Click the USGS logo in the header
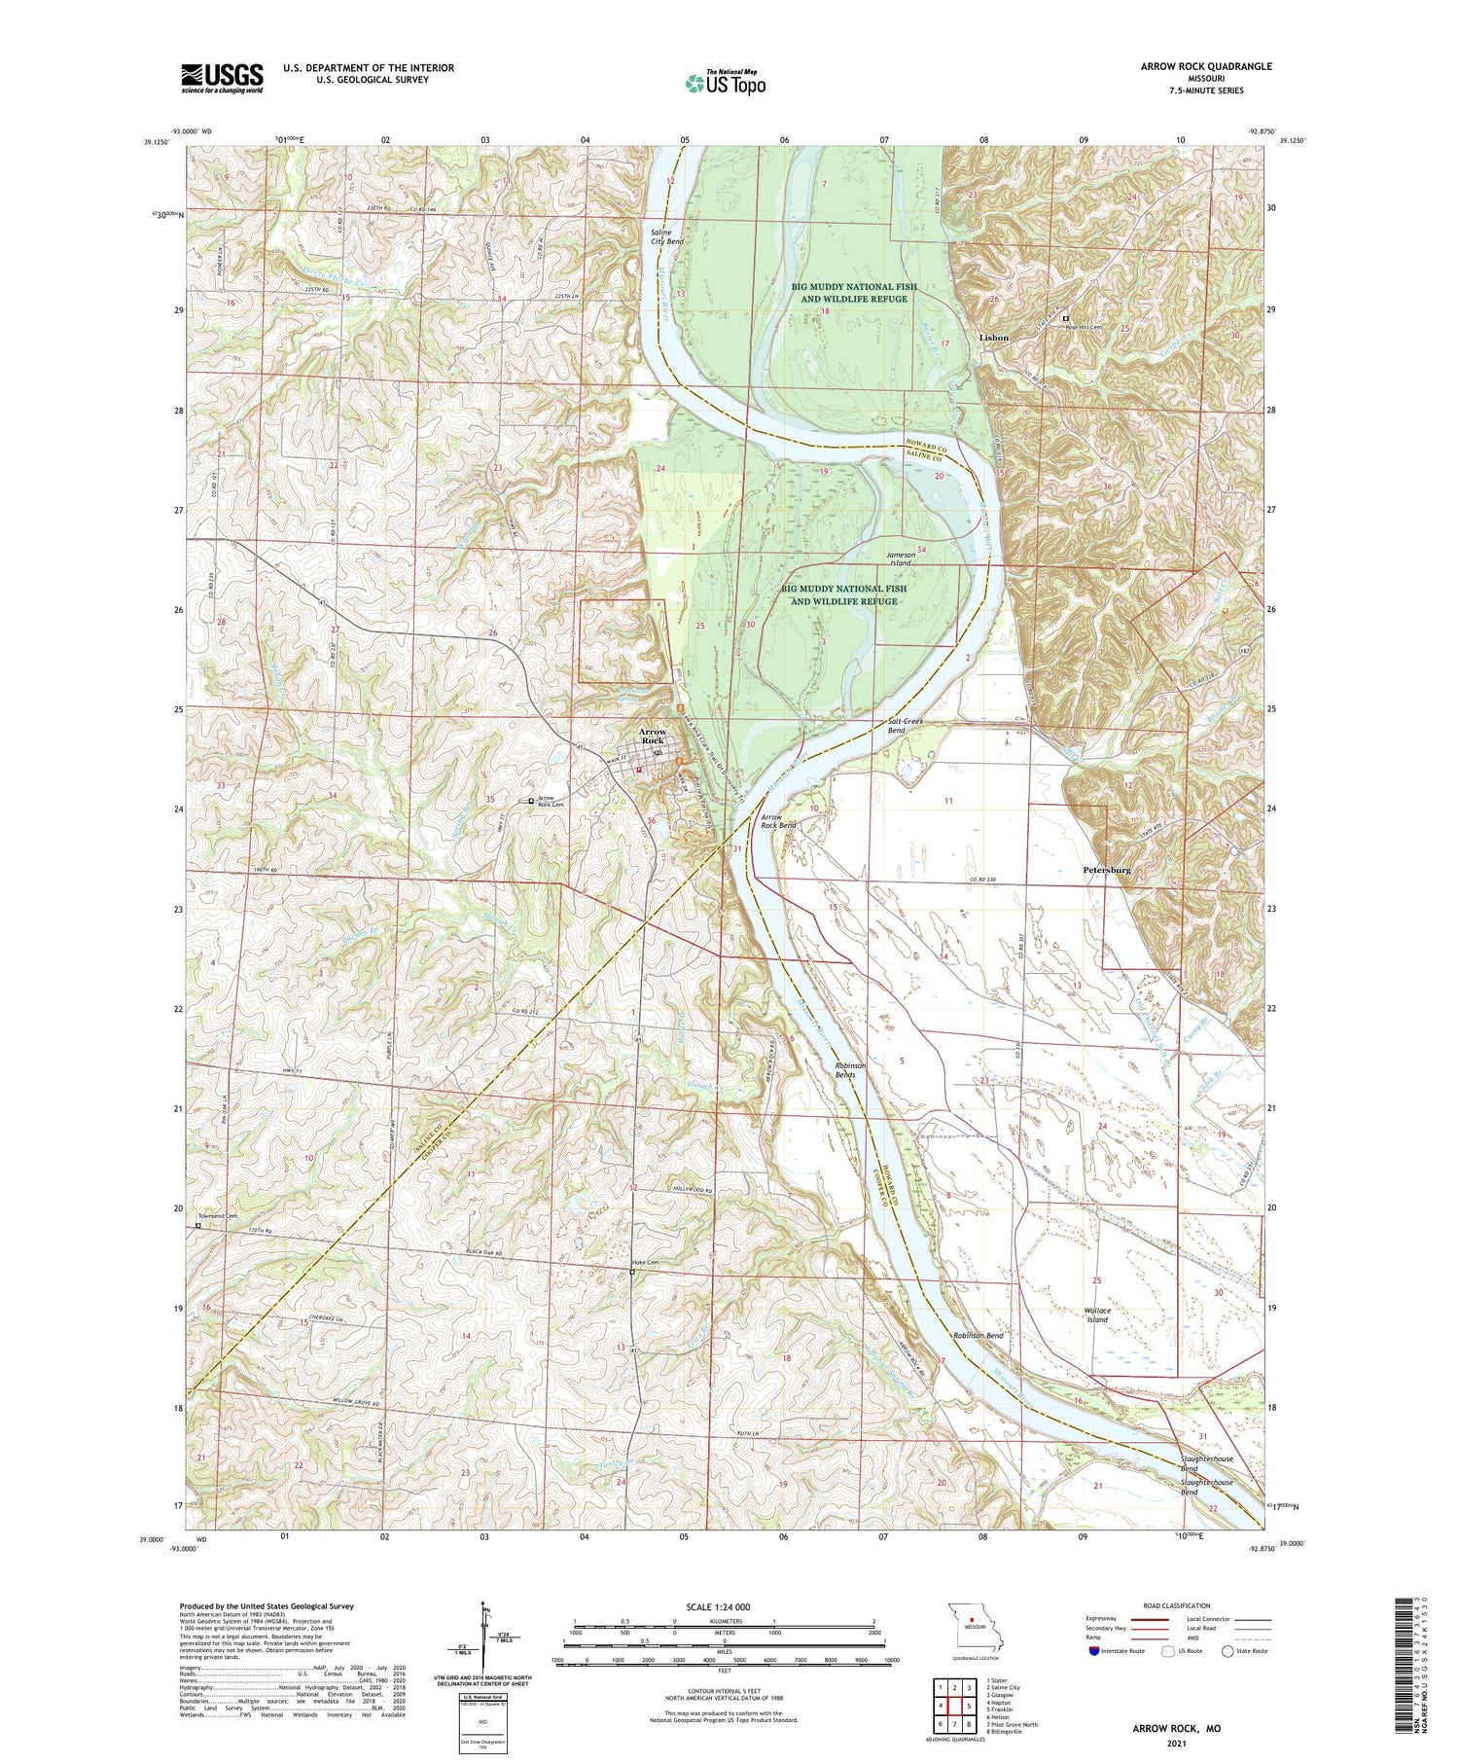point(222,78)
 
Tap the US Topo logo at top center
point(725,84)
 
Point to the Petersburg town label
point(1106,870)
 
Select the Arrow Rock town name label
point(652,736)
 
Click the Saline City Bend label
point(667,236)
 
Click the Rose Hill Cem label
point(1087,327)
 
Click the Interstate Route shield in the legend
point(1095,1651)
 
